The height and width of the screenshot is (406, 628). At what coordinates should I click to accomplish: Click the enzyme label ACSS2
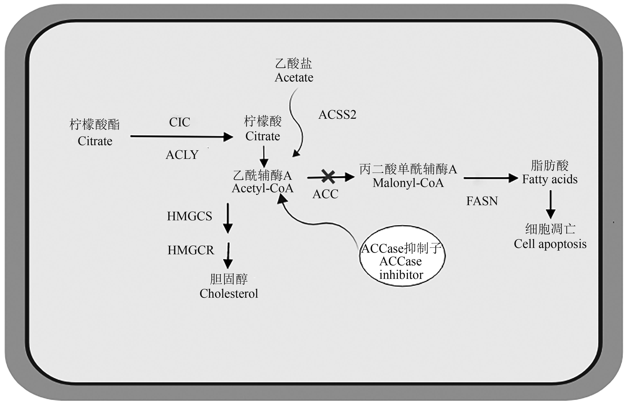click(x=337, y=115)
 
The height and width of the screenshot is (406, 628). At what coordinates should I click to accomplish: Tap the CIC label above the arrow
click(x=179, y=122)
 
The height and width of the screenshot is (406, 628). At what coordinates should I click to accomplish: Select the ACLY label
click(x=182, y=155)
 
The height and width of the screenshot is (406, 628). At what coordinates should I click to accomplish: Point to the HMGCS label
click(x=189, y=216)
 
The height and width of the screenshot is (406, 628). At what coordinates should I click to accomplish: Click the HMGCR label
click(x=191, y=250)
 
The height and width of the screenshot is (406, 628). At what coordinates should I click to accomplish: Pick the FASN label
click(x=482, y=201)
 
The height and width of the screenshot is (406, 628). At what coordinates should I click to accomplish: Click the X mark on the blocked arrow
click(x=328, y=177)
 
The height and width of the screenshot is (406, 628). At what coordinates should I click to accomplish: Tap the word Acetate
click(x=294, y=78)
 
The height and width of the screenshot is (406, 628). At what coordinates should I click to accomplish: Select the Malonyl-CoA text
click(x=408, y=183)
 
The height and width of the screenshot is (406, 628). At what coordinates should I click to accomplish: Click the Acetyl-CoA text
click(x=263, y=188)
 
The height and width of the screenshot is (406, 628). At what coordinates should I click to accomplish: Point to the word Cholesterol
click(x=229, y=294)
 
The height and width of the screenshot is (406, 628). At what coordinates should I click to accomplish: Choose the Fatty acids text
click(x=549, y=179)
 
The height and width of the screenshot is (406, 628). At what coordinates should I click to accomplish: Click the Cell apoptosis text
click(x=550, y=244)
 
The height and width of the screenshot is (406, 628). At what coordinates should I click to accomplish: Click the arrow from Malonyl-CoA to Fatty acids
click(x=490, y=178)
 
